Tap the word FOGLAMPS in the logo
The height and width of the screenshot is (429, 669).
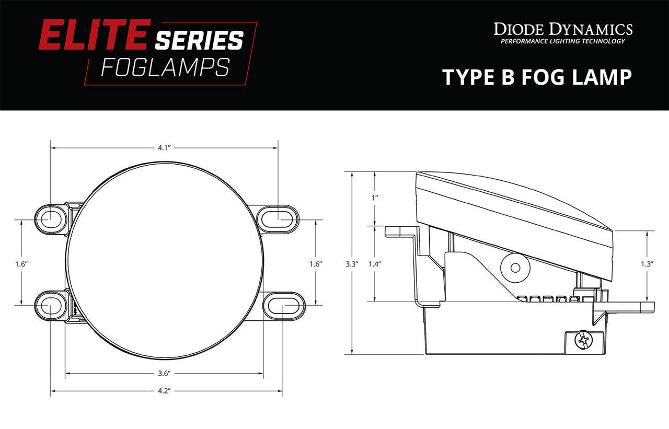coord(165,67)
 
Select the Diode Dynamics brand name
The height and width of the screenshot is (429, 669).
coord(563,28)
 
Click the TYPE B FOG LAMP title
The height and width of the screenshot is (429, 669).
coord(537,77)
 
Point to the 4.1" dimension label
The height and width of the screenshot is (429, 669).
coord(164,148)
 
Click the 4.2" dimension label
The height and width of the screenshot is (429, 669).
coord(165,390)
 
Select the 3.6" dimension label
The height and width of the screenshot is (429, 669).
coord(165,373)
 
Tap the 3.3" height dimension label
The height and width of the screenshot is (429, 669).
coord(352,264)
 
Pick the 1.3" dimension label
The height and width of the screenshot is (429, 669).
coord(647,264)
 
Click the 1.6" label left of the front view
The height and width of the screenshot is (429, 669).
coord(21,264)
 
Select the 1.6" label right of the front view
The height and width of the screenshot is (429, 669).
coord(315,264)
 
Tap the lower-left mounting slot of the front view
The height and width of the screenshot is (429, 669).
coord(50,304)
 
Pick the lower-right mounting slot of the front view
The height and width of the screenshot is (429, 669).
coord(283,304)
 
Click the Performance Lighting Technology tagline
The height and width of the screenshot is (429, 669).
coord(563,41)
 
